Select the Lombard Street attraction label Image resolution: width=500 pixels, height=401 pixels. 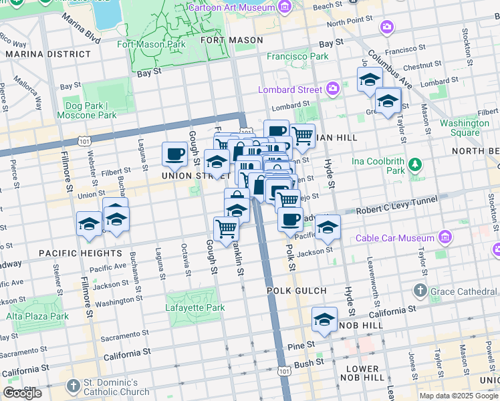click(x=291, y=90)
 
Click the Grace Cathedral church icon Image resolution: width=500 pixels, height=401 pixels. click(x=420, y=291)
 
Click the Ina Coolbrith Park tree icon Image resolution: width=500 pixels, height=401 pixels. click(x=415, y=164)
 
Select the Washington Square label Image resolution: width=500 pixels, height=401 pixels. click(x=465, y=128)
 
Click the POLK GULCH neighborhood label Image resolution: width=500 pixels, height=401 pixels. click(x=296, y=291)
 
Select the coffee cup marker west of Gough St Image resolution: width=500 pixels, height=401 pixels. click(x=175, y=154)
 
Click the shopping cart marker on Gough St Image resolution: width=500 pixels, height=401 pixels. click(x=227, y=229)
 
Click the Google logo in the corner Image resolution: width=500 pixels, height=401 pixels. click(x=22, y=393)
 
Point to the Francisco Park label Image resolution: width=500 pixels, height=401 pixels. click(x=298, y=57)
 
